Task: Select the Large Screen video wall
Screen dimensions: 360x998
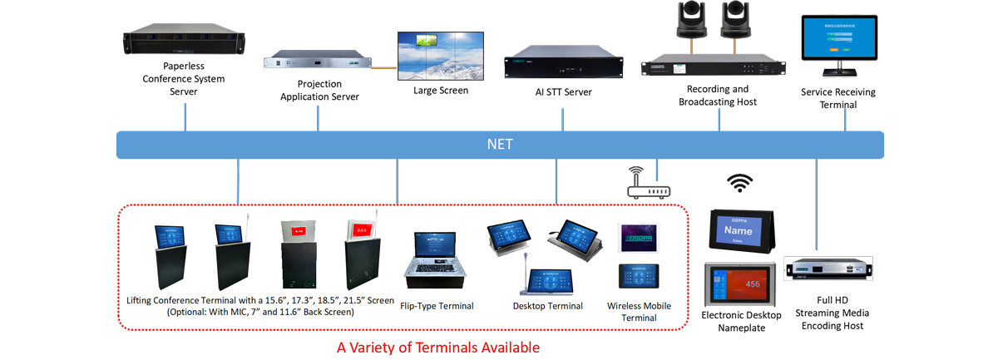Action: click(440, 54)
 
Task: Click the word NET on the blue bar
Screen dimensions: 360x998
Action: click(499, 145)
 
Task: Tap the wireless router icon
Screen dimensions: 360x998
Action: click(649, 187)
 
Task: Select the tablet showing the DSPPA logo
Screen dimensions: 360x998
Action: click(638, 238)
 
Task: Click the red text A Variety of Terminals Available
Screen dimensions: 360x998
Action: click(437, 348)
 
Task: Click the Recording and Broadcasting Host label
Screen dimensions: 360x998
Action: click(717, 96)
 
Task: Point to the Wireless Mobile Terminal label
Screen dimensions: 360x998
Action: click(639, 312)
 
